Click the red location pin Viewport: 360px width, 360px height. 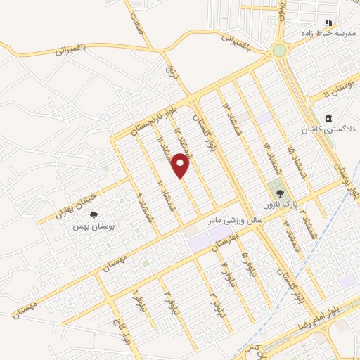[181, 166]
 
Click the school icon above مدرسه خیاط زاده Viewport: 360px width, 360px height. [328, 22]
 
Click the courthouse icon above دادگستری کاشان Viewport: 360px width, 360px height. [328, 117]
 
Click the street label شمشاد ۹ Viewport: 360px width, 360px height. [144, 210]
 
